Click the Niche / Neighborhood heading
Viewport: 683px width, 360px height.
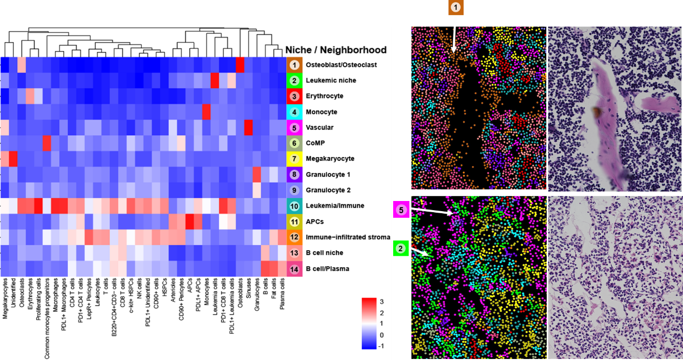[336, 50]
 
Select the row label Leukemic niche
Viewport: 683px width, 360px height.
[331, 81]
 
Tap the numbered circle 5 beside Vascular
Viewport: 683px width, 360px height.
[294, 128]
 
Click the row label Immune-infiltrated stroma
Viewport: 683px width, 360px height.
[347, 237]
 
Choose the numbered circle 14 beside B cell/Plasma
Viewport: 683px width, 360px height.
[294, 268]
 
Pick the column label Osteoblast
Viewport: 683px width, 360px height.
[240, 291]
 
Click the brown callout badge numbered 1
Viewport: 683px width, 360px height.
[456, 7]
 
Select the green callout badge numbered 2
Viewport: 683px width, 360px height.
[400, 248]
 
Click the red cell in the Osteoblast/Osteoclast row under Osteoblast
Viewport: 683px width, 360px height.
[240, 65]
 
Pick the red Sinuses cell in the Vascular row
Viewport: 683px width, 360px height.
[248, 128]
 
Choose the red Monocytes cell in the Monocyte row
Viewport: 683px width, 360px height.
[206, 112]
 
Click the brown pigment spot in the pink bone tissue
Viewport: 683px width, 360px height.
[596, 110]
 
